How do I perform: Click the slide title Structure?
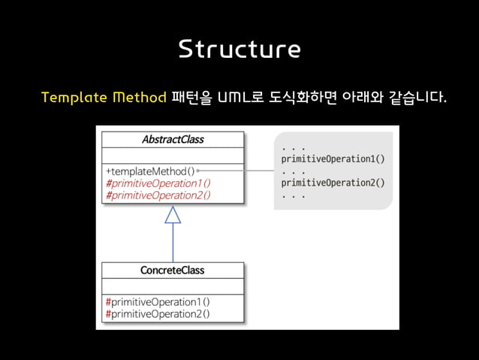pos(239,49)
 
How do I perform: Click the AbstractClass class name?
pos(173,140)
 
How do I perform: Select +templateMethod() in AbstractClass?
pos(149,171)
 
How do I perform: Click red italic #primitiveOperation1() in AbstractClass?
pos(158,183)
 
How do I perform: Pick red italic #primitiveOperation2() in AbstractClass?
pos(158,195)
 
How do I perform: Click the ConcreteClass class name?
pos(173,270)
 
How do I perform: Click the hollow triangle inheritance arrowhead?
pos(173,215)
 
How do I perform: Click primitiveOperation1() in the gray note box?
pos(333,159)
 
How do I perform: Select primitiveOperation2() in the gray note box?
pos(333,182)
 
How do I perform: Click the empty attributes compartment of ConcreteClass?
pos(173,286)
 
